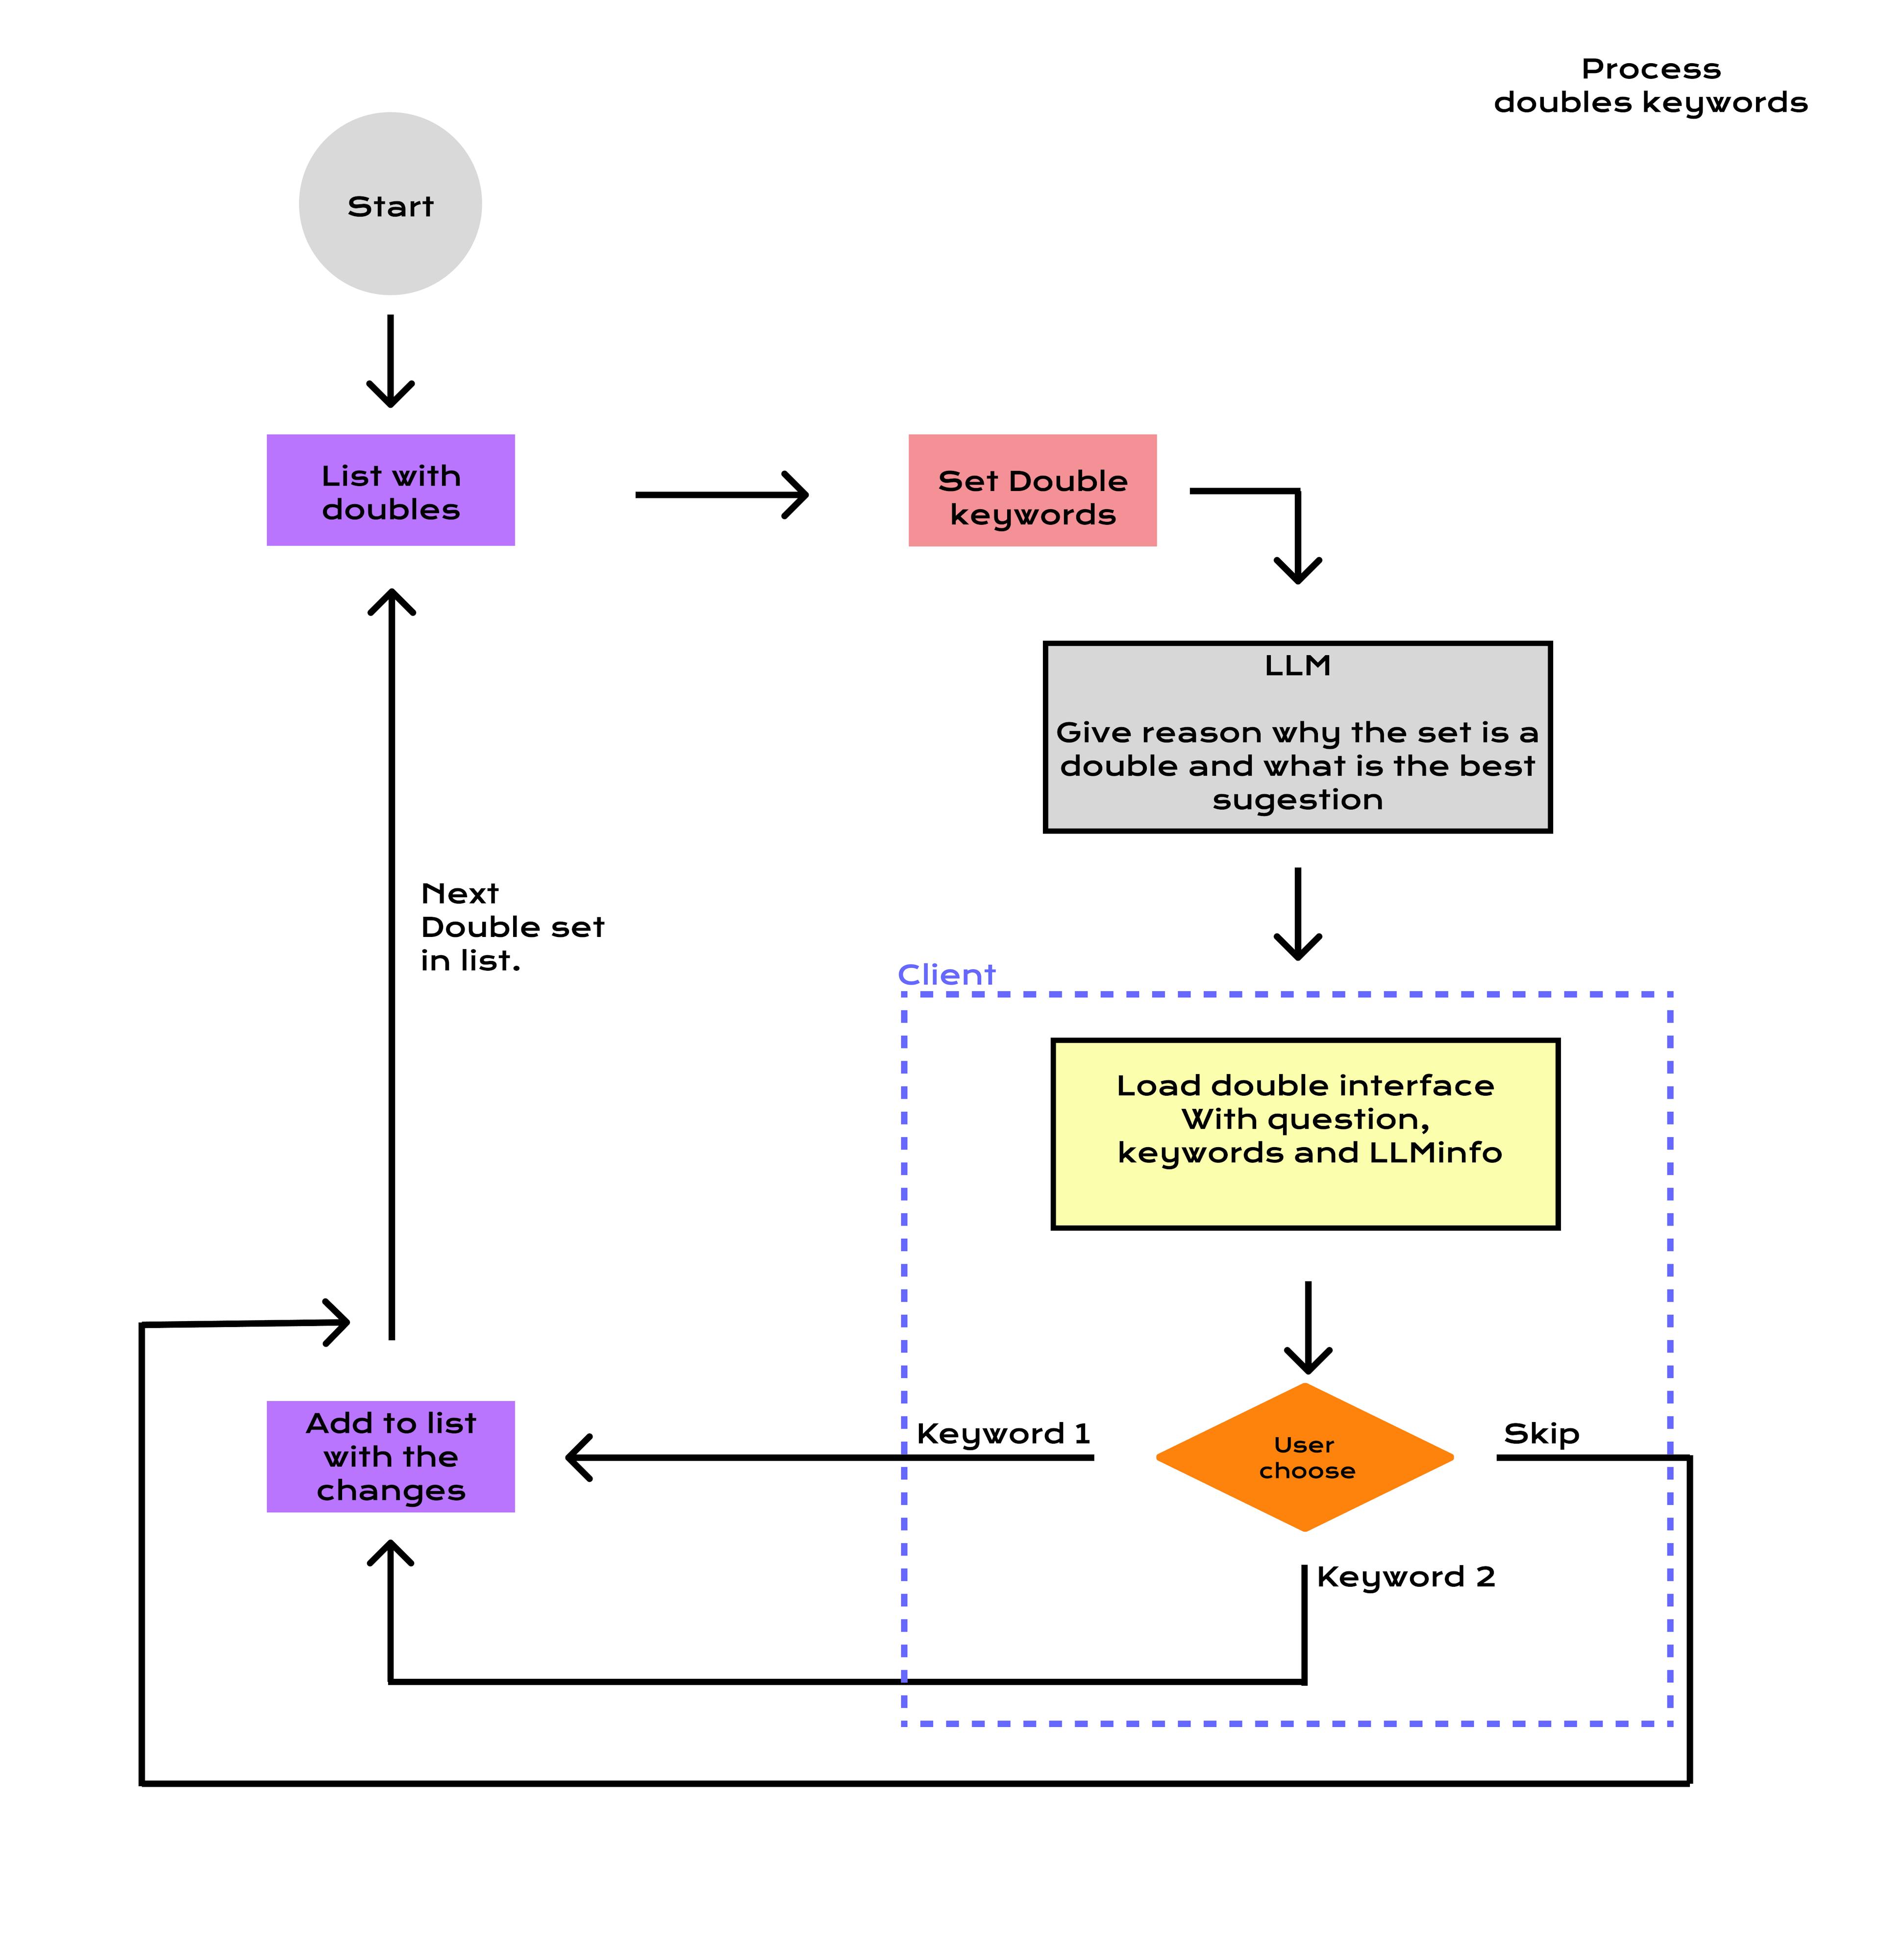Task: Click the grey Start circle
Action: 390,204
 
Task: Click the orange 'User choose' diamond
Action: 1305,1458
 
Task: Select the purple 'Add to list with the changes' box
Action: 390,1457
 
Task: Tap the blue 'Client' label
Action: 946,976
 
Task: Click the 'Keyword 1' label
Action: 1002,1434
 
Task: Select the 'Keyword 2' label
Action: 1405,1576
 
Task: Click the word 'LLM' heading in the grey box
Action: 1297,665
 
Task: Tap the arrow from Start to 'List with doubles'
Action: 390,362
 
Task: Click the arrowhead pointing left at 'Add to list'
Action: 579,1458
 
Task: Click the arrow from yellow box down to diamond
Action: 1308,1327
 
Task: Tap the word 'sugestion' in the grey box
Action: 1297,800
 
